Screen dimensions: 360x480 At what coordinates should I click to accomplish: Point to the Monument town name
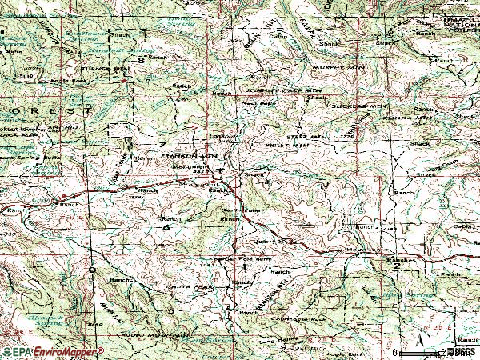[x=190, y=166]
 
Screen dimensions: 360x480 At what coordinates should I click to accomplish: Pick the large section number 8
[x=142, y=59]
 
